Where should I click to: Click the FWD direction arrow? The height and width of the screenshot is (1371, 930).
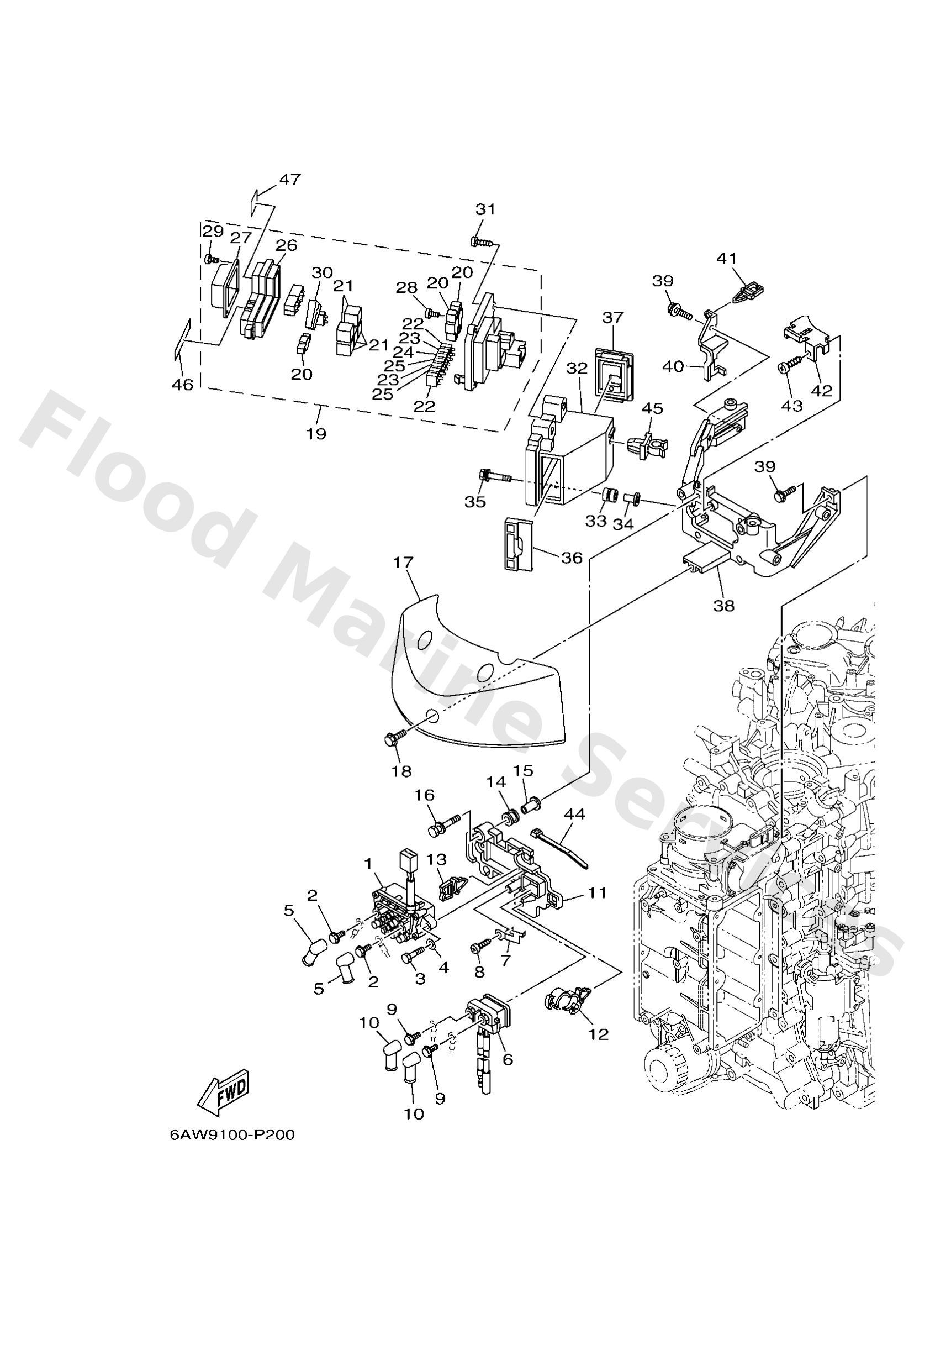click(x=224, y=1091)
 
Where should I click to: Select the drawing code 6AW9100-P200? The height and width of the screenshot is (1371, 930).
click(x=231, y=1135)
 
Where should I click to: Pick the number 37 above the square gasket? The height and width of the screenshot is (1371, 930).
click(x=612, y=317)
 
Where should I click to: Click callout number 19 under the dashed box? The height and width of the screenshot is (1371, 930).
click(x=316, y=434)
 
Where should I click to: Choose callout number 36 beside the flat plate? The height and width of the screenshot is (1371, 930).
click(x=572, y=557)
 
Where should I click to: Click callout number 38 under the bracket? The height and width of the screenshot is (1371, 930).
click(x=723, y=605)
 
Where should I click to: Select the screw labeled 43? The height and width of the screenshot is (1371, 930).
click(x=786, y=367)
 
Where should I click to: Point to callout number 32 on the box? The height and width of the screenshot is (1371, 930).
click(x=577, y=369)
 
